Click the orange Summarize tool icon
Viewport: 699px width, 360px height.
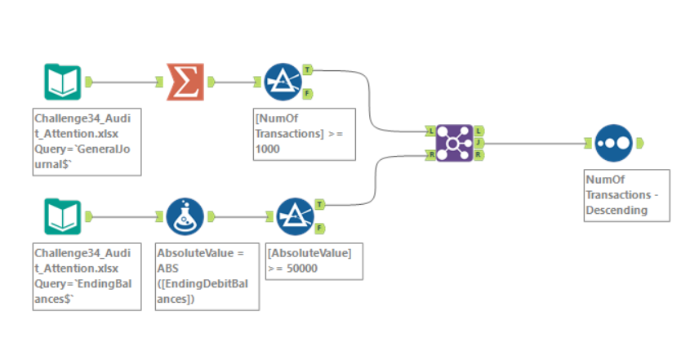[x=185, y=81]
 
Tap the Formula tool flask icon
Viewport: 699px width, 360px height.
[x=185, y=216]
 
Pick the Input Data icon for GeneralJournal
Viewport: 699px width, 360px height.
[x=63, y=81]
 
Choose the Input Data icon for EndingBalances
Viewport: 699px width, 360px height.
[x=63, y=216]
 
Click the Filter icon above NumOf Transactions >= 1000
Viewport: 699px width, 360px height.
[x=283, y=81]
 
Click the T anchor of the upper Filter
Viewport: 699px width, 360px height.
[x=307, y=69]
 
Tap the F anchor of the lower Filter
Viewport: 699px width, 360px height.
[x=319, y=229]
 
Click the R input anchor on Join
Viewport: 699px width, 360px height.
[x=430, y=153]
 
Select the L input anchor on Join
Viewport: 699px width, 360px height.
[x=430, y=130]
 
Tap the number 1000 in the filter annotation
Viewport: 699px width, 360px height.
[x=268, y=149]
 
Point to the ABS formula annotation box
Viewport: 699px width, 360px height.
[x=207, y=274]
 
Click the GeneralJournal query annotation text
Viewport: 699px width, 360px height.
[x=87, y=140]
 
